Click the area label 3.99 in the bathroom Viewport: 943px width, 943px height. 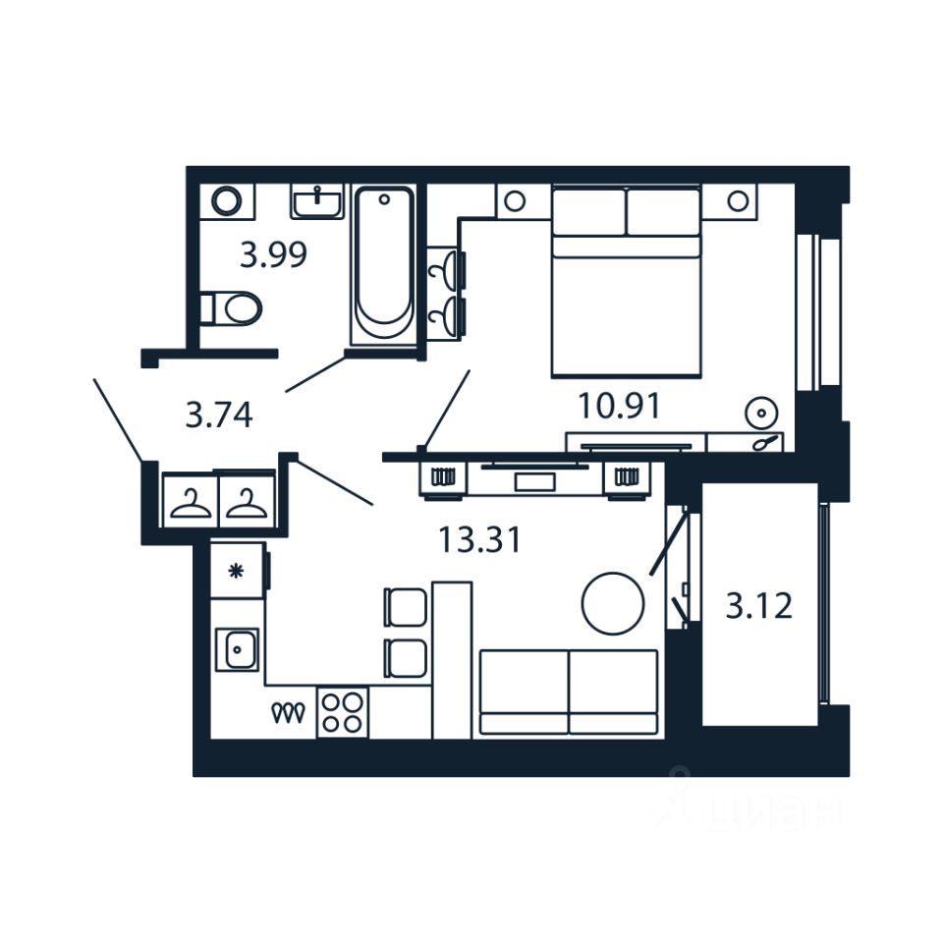click(x=274, y=255)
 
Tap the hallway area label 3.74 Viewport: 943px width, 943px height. click(x=219, y=416)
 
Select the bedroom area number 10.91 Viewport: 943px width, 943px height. click(x=621, y=405)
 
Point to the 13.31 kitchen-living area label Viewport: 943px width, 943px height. click(x=479, y=539)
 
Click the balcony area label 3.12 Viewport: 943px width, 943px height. click(x=758, y=606)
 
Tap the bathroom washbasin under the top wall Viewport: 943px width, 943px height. click(x=317, y=201)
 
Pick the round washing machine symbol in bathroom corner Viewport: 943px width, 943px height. click(x=227, y=201)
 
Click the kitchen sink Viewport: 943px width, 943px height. click(x=238, y=649)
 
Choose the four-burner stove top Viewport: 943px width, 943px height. click(x=342, y=712)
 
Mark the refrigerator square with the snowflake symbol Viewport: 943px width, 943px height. click(x=237, y=571)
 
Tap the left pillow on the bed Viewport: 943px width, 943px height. click(x=588, y=211)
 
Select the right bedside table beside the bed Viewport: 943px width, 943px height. click(x=737, y=201)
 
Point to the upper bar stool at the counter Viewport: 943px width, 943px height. click(x=406, y=606)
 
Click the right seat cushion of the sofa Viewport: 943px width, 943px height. click(x=613, y=692)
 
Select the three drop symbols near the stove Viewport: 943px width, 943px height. click(x=291, y=713)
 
